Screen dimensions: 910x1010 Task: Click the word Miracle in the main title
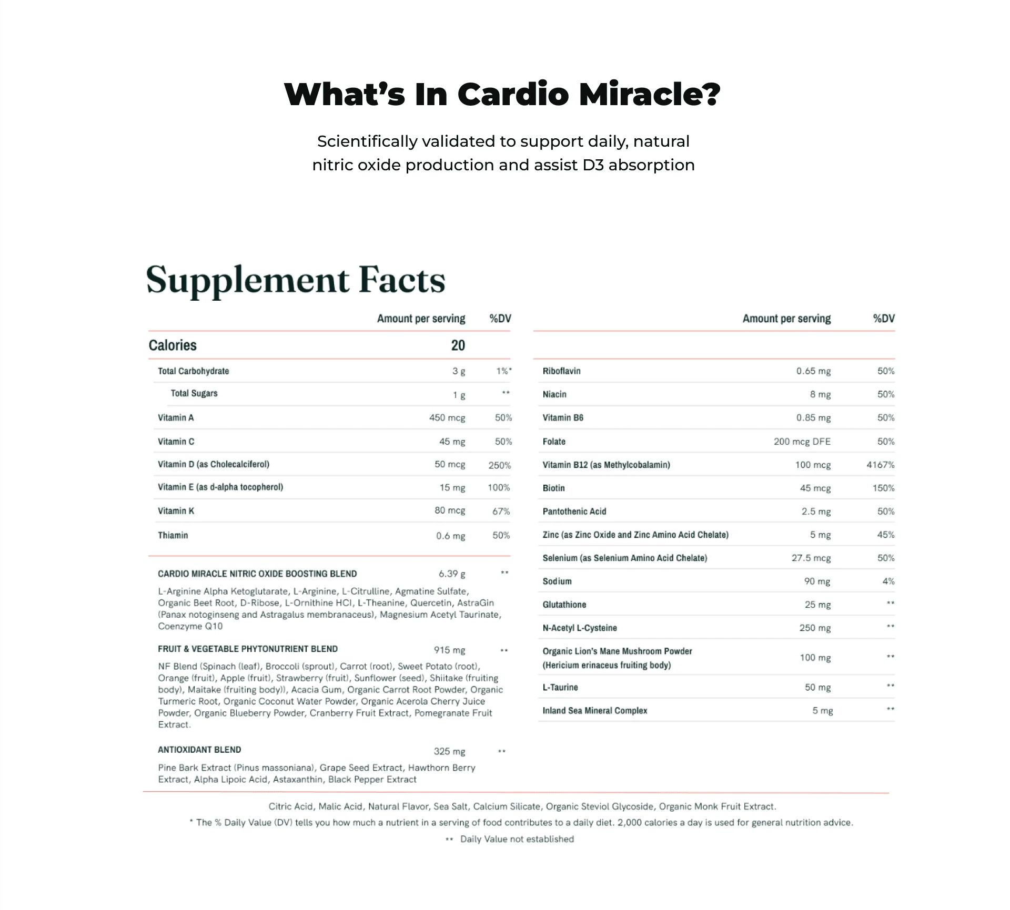(x=649, y=95)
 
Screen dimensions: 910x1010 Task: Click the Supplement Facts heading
(x=296, y=280)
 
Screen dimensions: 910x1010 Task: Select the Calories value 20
(x=458, y=345)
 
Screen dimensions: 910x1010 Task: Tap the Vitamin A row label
(x=176, y=418)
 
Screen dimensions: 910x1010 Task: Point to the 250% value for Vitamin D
(x=499, y=465)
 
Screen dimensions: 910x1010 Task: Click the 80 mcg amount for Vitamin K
(x=450, y=510)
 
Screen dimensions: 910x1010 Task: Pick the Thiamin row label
(x=173, y=535)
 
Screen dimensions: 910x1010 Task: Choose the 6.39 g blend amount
(x=452, y=574)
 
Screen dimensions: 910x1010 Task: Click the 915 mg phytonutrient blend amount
(x=449, y=650)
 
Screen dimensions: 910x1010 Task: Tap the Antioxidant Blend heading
(x=199, y=750)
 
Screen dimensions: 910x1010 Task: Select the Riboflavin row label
(x=561, y=371)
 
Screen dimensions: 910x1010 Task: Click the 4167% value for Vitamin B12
(x=880, y=465)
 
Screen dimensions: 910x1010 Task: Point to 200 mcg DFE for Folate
(x=802, y=442)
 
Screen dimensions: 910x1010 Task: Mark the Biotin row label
(x=553, y=488)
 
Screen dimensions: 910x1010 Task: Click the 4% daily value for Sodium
(x=888, y=581)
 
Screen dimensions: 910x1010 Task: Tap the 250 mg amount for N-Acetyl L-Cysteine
(x=815, y=628)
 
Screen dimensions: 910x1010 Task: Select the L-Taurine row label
(x=560, y=687)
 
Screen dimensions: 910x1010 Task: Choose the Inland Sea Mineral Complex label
(x=594, y=711)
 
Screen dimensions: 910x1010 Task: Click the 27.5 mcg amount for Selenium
(x=811, y=558)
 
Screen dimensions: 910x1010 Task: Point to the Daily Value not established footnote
(x=517, y=839)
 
